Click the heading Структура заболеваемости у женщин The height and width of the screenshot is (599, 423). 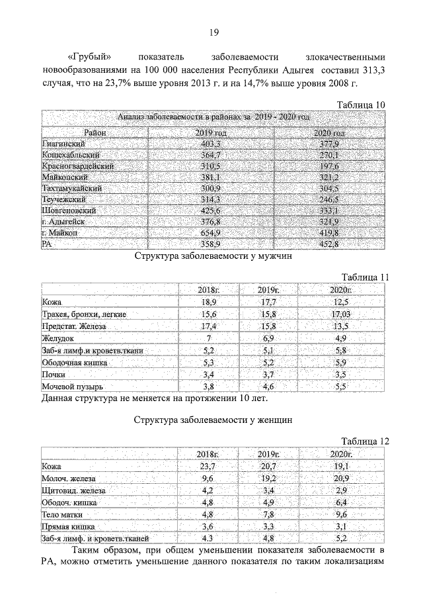pos(212,420)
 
